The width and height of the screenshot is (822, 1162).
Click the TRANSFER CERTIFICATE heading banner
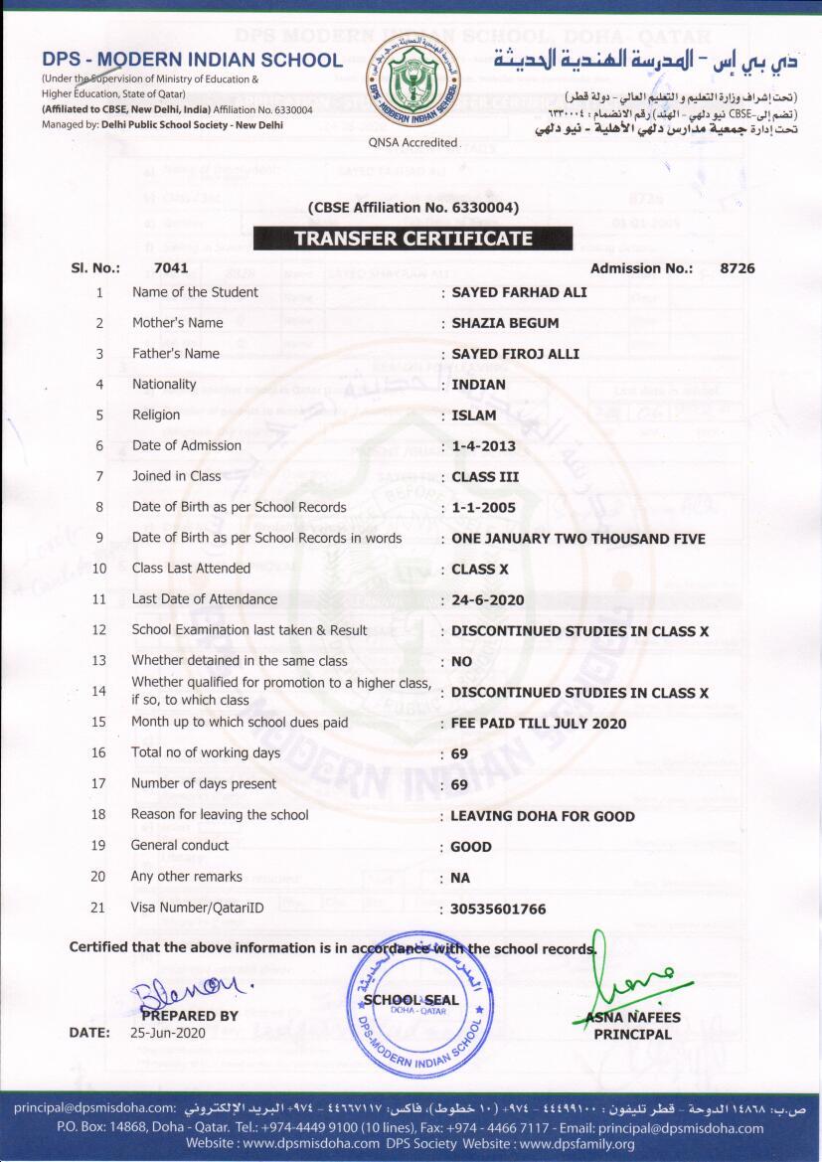[412, 239]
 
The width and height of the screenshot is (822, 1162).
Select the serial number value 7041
[171, 268]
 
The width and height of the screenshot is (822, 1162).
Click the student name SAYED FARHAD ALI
[519, 292]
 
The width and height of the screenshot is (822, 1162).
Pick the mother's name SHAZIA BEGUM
[505, 323]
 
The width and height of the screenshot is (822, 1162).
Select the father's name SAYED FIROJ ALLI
[515, 354]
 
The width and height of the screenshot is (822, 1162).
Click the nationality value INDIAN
[478, 385]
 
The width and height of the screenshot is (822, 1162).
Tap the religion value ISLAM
[473, 415]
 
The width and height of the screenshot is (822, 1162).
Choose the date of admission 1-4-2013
[483, 446]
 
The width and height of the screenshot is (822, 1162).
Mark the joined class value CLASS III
[485, 477]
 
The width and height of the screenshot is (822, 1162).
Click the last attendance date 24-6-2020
[487, 600]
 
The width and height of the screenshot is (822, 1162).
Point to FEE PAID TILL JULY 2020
[539, 724]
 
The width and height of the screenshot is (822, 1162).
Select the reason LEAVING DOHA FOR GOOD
[543, 816]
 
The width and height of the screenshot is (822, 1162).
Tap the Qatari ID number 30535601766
[498, 909]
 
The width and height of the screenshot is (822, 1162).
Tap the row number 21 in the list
[97, 908]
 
